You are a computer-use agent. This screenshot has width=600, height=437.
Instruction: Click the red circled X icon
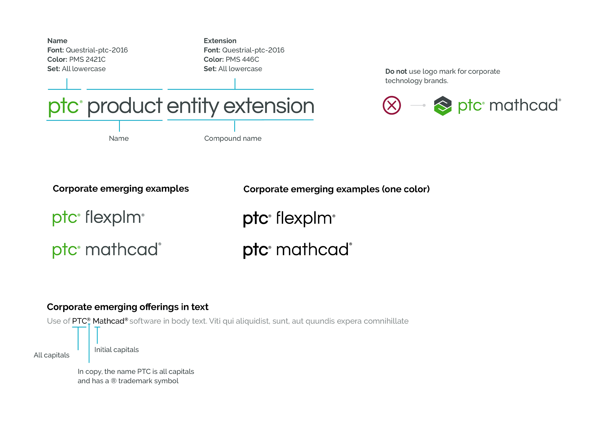point(392,105)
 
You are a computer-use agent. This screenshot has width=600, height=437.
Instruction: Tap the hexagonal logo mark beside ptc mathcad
point(443,106)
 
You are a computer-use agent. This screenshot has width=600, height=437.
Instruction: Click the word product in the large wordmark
point(125,107)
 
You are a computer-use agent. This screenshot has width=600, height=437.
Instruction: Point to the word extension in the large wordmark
point(269,106)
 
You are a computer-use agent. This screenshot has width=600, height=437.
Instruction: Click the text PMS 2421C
point(87,59)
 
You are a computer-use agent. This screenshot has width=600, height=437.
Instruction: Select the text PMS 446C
point(242,59)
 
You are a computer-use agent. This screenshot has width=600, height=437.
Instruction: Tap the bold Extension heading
point(220,41)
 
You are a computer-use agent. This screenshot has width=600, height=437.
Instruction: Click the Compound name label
point(233,138)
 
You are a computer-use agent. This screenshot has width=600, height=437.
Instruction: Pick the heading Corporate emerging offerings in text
point(128,307)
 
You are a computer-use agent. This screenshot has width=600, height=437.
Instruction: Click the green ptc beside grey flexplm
point(65,218)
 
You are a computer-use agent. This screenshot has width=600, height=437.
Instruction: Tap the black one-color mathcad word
point(313,249)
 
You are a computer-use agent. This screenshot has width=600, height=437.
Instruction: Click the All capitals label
point(52,355)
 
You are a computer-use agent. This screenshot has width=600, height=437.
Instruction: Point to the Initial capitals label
point(117,350)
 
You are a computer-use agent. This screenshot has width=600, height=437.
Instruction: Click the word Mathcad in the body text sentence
point(109,321)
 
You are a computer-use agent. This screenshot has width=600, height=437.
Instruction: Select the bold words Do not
point(396,72)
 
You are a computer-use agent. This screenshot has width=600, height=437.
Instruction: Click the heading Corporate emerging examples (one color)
point(337,189)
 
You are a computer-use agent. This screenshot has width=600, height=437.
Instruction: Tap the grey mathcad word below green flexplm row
point(121,249)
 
